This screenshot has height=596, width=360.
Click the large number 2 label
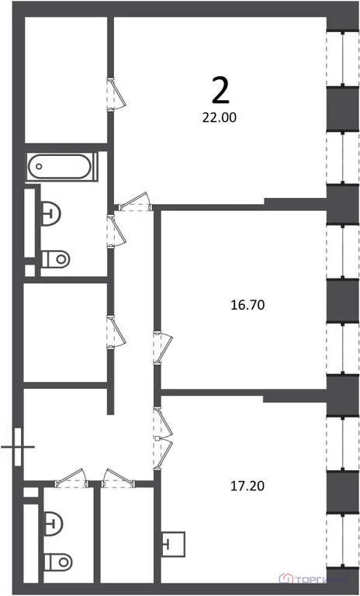click(220, 91)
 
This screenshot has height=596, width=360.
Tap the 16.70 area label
click(247, 305)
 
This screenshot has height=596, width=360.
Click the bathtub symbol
click(61, 167)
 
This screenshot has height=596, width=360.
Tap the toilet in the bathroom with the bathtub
click(56, 258)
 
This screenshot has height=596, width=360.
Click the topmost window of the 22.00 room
click(337, 58)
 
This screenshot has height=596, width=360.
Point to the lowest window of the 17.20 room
click(337, 543)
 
